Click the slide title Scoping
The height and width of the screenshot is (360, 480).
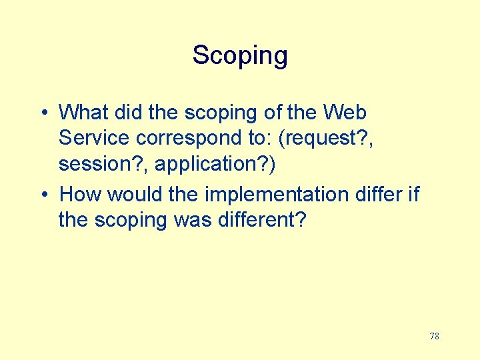(x=240, y=55)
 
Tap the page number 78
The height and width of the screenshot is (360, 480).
(x=434, y=336)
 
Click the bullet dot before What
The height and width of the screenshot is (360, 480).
(x=42, y=113)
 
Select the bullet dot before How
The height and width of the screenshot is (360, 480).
(x=42, y=195)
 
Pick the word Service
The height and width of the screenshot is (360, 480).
(x=95, y=138)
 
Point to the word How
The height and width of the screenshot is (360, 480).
(x=81, y=194)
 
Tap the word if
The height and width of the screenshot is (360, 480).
(x=414, y=194)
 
